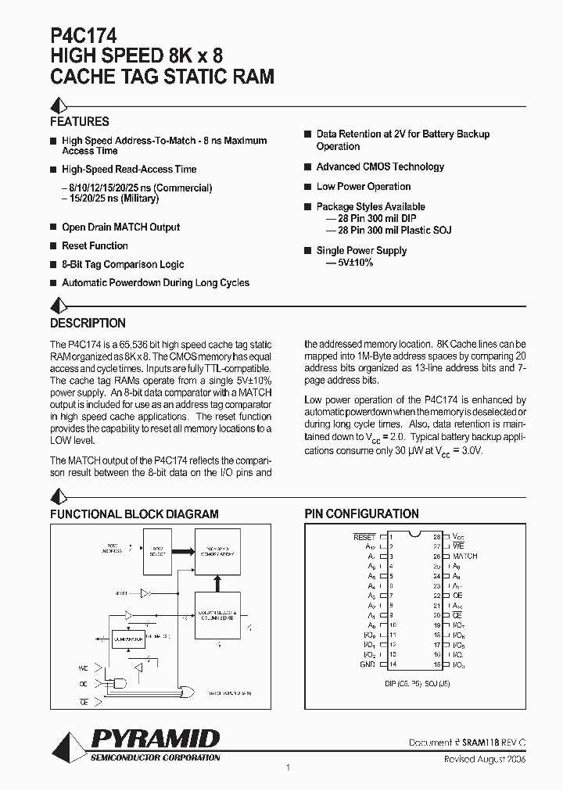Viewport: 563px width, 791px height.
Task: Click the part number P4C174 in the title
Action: [84, 35]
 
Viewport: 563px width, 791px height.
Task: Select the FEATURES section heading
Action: [80, 122]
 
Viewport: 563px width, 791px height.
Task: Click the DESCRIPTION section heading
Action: [88, 323]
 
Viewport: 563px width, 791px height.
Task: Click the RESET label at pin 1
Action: [364, 537]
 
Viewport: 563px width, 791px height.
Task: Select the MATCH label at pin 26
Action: [464, 556]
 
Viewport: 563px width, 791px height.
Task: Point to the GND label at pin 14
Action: [368, 664]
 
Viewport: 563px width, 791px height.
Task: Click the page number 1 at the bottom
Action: [289, 768]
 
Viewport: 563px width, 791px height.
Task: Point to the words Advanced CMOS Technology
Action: [380, 166]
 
